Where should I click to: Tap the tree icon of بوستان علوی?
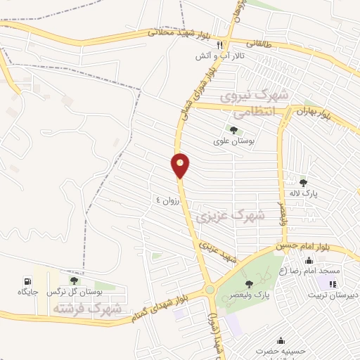click(x=233, y=129)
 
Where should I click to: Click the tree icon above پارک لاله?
click(x=303, y=183)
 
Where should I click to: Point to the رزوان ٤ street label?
click(x=168, y=200)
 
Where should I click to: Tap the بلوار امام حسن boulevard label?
click(x=302, y=247)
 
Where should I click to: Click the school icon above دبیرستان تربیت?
click(x=332, y=283)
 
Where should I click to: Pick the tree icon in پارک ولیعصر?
click(x=249, y=284)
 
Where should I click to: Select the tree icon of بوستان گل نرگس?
click(x=74, y=281)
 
